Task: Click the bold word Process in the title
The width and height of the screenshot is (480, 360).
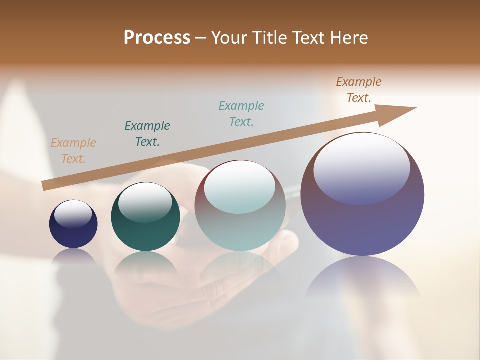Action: tap(157, 38)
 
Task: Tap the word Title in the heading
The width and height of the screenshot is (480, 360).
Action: tap(268, 38)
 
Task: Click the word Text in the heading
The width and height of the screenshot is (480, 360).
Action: tap(306, 38)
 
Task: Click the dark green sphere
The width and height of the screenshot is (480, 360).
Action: tap(145, 230)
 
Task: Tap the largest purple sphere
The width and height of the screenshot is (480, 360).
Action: tap(362, 220)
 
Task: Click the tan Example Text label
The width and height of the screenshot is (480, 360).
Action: tap(73, 151)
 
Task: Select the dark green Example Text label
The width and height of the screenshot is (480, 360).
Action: tap(147, 133)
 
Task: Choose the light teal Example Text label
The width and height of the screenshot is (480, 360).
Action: tap(241, 113)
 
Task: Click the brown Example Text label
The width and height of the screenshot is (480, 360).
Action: tap(359, 90)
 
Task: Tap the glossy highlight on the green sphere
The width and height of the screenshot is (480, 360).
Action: tap(145, 200)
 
